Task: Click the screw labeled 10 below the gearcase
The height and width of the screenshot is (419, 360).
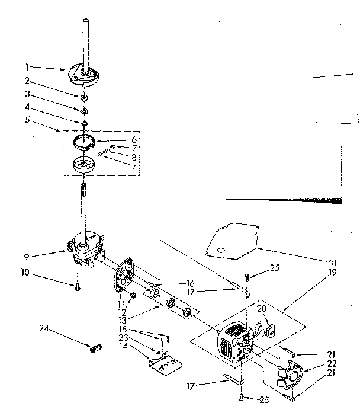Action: tap(78, 288)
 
